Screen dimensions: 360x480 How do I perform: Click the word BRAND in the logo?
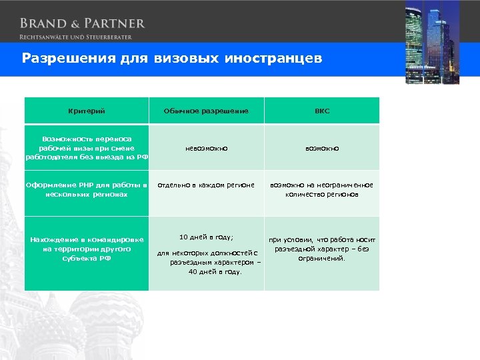click(x=41, y=23)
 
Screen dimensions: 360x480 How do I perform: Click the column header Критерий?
click(x=87, y=111)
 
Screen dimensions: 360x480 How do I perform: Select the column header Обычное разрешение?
click(x=206, y=111)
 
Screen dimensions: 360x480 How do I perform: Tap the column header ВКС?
click(x=322, y=111)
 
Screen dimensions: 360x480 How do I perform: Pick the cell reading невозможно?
click(x=206, y=148)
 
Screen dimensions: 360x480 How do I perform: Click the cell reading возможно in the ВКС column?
click(x=322, y=148)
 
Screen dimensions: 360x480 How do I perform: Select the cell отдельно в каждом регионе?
click(x=206, y=185)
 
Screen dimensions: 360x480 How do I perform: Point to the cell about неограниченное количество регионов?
click(x=322, y=190)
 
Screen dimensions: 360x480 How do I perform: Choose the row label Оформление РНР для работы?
click(x=87, y=190)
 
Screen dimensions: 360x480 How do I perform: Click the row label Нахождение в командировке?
click(x=87, y=249)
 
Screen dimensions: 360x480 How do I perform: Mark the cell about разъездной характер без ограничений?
click(x=322, y=249)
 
